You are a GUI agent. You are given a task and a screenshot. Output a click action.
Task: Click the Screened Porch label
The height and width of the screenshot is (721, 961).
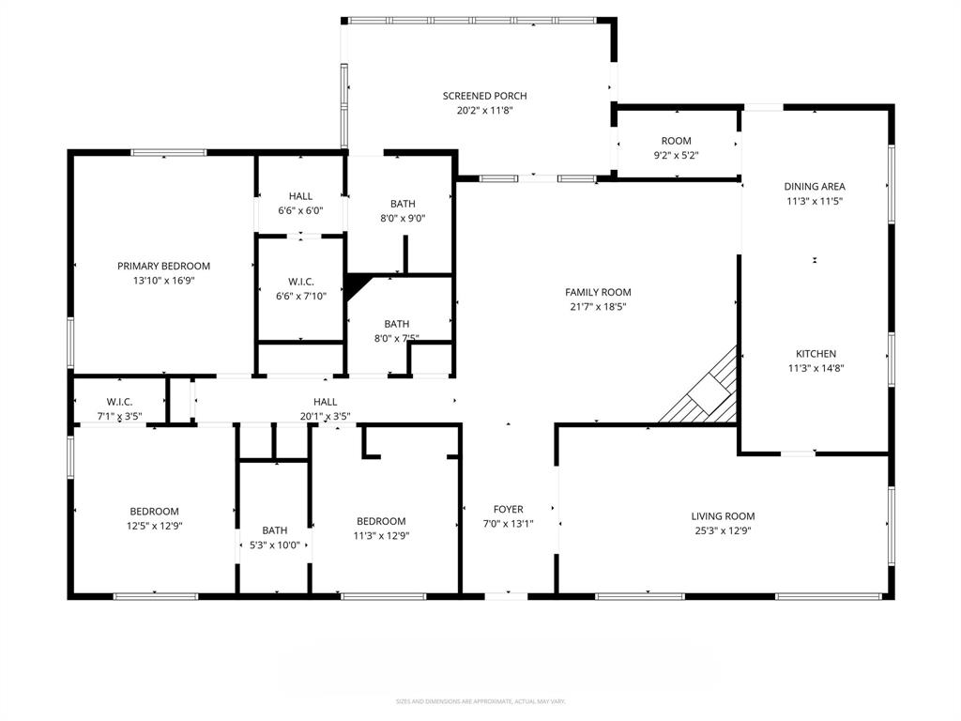[484, 96]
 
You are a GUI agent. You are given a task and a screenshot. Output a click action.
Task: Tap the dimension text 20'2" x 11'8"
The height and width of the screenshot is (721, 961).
[484, 110]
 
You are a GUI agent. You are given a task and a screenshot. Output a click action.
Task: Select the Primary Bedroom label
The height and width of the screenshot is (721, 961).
[163, 266]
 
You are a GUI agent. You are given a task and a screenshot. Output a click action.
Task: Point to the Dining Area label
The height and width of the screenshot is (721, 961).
[815, 186]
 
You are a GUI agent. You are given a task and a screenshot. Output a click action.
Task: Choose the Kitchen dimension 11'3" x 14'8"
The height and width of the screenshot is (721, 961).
[815, 368]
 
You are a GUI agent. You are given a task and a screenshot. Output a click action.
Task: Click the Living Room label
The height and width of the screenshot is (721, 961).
[723, 516]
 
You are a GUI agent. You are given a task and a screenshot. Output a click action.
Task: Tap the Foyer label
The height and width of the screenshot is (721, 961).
[509, 510]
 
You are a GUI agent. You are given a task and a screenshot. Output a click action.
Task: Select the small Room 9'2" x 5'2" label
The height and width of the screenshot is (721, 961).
[676, 141]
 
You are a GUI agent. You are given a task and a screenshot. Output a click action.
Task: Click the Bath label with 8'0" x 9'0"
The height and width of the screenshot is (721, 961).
[403, 204]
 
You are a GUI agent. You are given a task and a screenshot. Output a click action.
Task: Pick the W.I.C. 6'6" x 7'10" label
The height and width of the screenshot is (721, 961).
[300, 282]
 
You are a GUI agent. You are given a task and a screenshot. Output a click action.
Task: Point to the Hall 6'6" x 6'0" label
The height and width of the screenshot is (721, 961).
[300, 196]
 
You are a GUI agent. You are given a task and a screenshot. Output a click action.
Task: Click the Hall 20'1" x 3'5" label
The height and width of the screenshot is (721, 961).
[325, 402]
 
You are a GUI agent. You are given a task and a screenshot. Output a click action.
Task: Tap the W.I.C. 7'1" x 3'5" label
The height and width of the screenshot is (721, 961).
[119, 402]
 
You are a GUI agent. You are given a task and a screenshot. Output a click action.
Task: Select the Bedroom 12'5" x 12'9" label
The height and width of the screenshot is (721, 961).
[154, 512]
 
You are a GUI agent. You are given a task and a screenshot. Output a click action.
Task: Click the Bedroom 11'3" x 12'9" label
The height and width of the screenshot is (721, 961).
[381, 521]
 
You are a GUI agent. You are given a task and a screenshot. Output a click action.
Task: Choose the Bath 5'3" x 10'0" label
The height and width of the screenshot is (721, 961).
[275, 530]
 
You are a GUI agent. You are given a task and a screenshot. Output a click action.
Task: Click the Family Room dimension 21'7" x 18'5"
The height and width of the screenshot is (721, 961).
[598, 306]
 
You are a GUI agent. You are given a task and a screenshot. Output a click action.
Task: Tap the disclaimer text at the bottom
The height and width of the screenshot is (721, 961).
[480, 700]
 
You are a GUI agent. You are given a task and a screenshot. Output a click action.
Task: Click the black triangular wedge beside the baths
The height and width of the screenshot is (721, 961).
[355, 284]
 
